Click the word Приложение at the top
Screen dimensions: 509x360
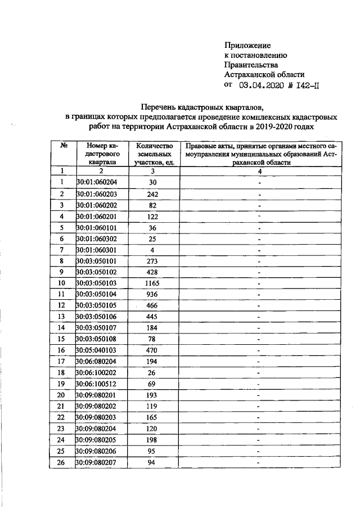coord(247,45)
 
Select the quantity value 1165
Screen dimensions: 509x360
coord(152,283)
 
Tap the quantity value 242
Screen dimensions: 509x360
coord(152,194)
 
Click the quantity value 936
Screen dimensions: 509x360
coord(152,294)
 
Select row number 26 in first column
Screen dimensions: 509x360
coord(61,462)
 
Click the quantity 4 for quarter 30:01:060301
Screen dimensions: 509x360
coord(152,250)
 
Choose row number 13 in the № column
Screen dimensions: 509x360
coord(61,316)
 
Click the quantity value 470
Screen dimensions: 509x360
coord(152,349)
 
